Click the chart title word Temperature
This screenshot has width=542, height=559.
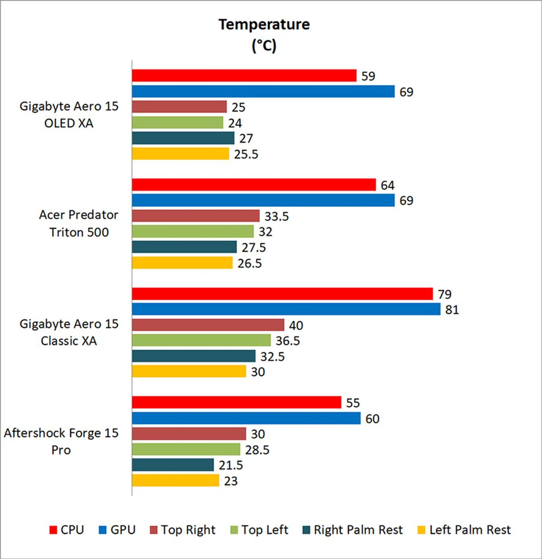coord(264,25)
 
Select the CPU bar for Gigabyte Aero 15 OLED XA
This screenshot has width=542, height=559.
coord(244,76)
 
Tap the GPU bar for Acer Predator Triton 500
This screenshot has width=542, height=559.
coord(263,200)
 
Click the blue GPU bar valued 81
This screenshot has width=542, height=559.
coord(286,309)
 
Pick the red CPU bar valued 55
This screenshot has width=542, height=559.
coord(236,402)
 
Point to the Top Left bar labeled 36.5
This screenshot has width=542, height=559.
coord(201,340)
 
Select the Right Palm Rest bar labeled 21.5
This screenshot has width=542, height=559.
coord(173,465)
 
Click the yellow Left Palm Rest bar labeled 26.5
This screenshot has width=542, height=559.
coord(182,263)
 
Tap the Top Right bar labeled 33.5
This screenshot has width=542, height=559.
coord(196,216)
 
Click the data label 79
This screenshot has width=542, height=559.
coord(445,294)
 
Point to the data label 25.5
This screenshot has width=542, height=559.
coord(246,154)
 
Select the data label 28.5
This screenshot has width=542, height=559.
coord(257,450)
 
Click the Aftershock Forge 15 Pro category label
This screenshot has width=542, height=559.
coord(61,441)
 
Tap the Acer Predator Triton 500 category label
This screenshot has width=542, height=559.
coord(78,224)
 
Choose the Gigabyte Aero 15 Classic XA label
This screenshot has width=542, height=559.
coord(69,332)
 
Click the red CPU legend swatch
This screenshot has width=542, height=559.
coord(53,530)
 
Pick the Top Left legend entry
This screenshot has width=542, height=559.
coord(259,530)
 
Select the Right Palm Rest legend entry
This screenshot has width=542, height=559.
coord(352,530)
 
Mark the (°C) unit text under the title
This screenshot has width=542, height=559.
coord(264,46)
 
